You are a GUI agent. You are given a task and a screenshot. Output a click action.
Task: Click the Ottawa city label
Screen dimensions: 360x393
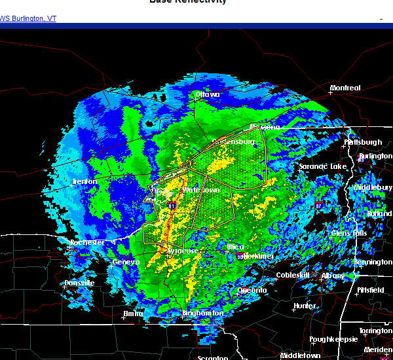tap(208, 94)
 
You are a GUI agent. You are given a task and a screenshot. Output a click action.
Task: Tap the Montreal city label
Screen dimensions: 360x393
tap(345, 88)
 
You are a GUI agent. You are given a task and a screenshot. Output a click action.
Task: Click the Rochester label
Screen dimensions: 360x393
tap(87, 242)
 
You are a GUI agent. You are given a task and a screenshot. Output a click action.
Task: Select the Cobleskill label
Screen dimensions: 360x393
tap(291, 275)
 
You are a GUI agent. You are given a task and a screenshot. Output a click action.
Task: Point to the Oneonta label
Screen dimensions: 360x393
tap(252, 290)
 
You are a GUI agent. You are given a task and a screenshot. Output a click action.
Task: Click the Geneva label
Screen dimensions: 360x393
tap(126, 262)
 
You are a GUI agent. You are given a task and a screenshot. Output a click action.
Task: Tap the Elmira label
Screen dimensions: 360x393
tap(133, 314)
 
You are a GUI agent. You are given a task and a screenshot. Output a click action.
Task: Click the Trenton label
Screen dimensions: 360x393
tap(84, 181)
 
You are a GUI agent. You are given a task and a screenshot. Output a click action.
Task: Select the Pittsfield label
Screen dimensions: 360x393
tap(373, 289)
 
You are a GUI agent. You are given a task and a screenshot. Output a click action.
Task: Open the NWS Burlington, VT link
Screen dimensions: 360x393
tap(28, 18)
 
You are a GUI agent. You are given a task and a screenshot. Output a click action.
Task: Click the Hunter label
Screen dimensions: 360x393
tap(305, 306)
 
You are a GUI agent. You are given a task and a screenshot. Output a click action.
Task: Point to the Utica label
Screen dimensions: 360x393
tap(235, 247)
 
